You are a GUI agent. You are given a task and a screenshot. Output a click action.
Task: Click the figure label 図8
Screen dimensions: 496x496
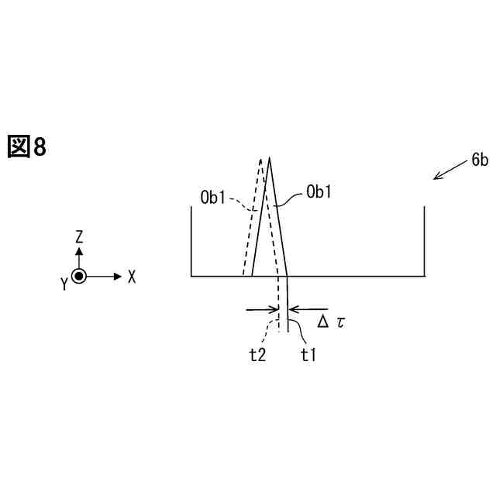pos(28,145)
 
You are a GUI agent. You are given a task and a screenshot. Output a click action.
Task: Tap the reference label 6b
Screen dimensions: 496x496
pos(479,160)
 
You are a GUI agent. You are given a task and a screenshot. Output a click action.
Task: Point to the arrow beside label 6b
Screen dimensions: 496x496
pos(448,171)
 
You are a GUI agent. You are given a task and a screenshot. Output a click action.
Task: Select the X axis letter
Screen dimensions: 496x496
pos(132,277)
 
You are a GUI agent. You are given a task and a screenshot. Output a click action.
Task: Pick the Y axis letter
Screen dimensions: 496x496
pos(64,284)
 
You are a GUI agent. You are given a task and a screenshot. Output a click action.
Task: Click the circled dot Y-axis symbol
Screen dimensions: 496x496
pos(79,276)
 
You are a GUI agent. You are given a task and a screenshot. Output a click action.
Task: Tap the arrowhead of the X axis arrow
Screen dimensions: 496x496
pos(118,276)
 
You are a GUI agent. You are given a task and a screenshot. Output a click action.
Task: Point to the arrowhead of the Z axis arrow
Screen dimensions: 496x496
pos(79,251)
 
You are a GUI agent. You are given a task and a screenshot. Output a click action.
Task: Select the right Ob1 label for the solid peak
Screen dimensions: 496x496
pos(319,191)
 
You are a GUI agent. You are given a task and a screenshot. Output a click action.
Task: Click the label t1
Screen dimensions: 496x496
pos(308,355)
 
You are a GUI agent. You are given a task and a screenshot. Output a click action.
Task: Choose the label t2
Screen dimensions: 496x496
pos(258,355)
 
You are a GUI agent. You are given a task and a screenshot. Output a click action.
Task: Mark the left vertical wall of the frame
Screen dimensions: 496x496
pos(191,240)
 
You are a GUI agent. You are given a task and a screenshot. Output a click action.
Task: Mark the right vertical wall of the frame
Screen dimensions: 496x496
pos(424,240)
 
